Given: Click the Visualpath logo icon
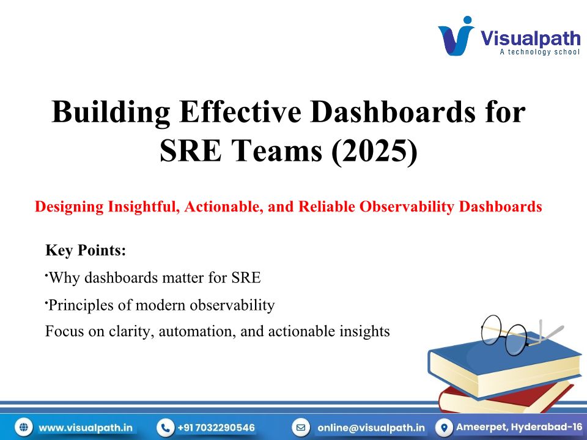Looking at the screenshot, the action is [456, 36].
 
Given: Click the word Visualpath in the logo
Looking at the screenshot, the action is [530, 38].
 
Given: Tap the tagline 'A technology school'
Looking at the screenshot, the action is [540, 52].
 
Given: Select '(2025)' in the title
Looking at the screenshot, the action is [374, 150].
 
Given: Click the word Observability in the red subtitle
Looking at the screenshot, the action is [407, 207].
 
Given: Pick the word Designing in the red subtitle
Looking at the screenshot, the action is [69, 207].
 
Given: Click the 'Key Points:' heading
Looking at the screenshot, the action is [86, 250].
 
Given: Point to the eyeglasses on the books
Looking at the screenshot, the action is [521, 334].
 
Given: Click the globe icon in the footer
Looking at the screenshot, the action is [24, 427].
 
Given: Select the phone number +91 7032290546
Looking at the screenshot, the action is [216, 428].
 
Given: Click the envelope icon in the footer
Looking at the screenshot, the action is [301, 427].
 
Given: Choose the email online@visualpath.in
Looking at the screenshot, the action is [371, 428].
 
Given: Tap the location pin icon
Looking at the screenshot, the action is [445, 427].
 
